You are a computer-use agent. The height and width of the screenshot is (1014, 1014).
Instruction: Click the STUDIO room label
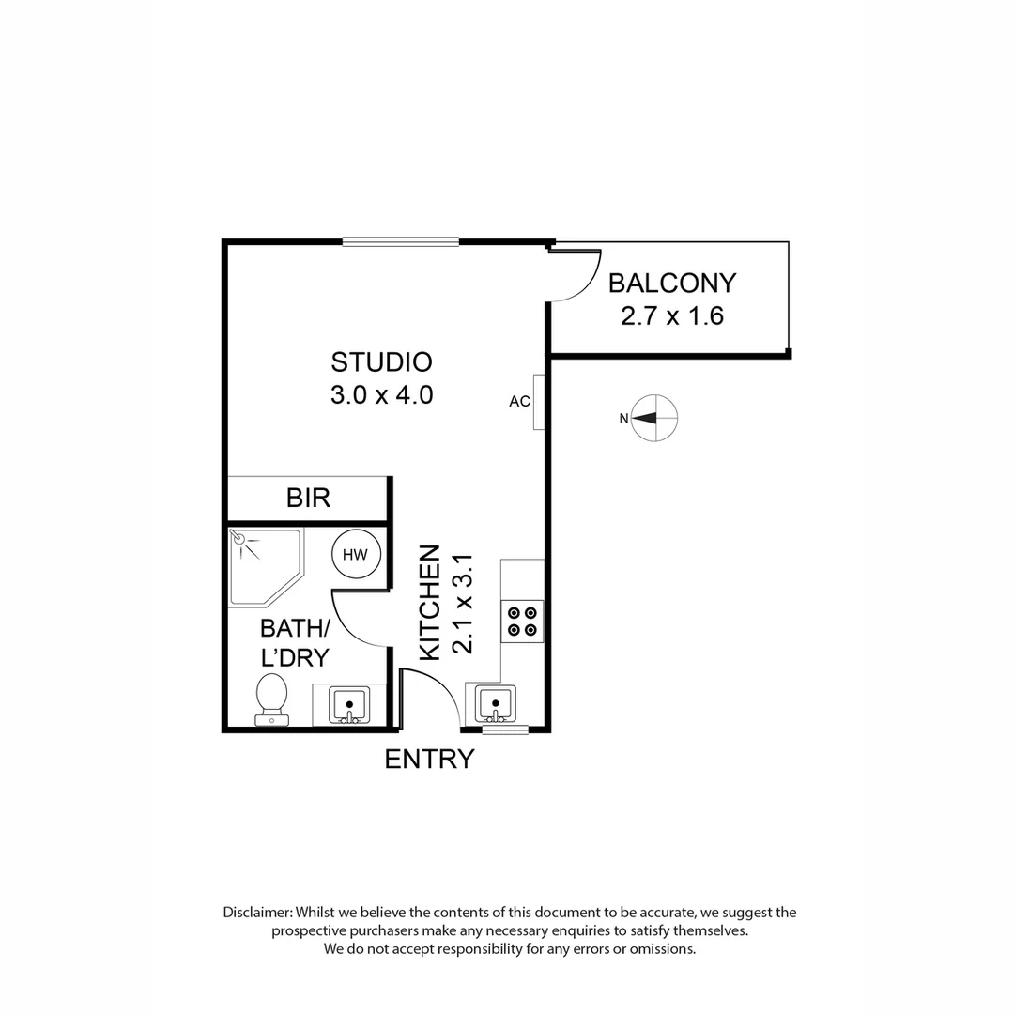click(381, 361)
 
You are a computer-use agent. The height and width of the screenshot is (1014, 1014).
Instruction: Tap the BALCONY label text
click(672, 283)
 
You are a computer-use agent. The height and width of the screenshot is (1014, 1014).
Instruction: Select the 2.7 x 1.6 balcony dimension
click(672, 315)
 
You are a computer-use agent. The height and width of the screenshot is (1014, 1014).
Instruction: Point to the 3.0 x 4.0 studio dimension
click(381, 395)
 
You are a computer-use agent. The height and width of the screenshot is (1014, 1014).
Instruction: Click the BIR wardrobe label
click(309, 498)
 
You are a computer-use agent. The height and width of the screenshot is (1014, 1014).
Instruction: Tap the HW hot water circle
click(356, 555)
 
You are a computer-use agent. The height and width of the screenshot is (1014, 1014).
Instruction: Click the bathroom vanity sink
click(349, 703)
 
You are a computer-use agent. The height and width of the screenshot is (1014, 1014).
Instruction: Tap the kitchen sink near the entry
click(495, 703)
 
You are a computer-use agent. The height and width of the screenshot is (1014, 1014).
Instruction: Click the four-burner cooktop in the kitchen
click(522, 621)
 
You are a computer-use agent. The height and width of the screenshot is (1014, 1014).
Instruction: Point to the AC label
click(519, 402)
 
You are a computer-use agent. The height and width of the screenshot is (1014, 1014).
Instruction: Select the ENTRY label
click(429, 759)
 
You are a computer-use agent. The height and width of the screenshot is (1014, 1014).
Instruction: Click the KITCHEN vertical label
click(429, 602)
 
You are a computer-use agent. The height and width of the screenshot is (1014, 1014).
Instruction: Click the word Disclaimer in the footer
click(257, 912)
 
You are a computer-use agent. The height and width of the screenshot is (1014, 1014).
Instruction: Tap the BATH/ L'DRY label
click(294, 642)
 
